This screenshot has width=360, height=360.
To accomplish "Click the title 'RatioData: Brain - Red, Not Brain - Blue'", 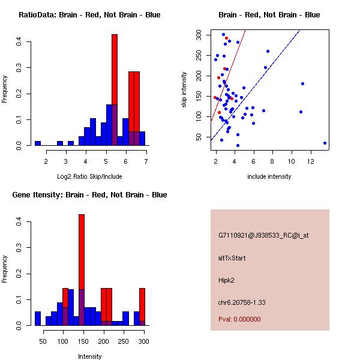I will pyautogui.click(x=89, y=15).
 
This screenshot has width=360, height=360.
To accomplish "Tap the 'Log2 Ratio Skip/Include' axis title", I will pyautogui.click(x=89, y=176).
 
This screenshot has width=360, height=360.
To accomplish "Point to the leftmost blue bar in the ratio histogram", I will pyautogui.click(x=37, y=143).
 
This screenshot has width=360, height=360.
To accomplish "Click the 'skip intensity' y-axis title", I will pyautogui.click(x=184, y=89).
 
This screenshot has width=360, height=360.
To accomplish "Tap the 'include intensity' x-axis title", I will pyautogui.click(x=269, y=176).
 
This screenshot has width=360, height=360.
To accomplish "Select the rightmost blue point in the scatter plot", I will pyautogui.click(x=325, y=143).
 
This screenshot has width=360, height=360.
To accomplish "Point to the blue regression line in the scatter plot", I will pyautogui.click(x=270, y=79).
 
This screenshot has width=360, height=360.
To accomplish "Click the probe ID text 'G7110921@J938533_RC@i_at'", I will pyautogui.click(x=263, y=236).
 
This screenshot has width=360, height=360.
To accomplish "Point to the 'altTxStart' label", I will pyautogui.click(x=232, y=258).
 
